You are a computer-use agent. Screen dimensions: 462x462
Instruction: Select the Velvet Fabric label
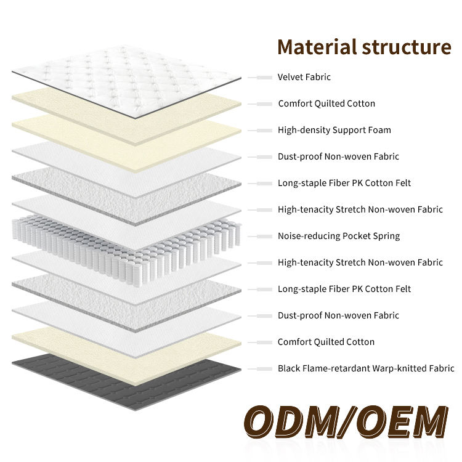pos(304,77)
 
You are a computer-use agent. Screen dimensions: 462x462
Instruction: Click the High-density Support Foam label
pos(334,130)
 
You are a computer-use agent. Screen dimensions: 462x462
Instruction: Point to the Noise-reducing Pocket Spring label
pos(339,236)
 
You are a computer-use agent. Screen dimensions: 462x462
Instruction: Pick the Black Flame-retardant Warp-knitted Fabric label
pos(366,368)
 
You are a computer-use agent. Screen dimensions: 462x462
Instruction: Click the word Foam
pos(379,130)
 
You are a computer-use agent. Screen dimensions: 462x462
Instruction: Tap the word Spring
pos(386,236)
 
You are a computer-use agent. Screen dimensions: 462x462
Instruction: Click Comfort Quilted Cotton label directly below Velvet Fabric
pos(326,103)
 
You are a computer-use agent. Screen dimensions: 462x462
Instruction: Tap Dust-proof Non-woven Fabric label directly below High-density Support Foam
pos(338,156)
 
